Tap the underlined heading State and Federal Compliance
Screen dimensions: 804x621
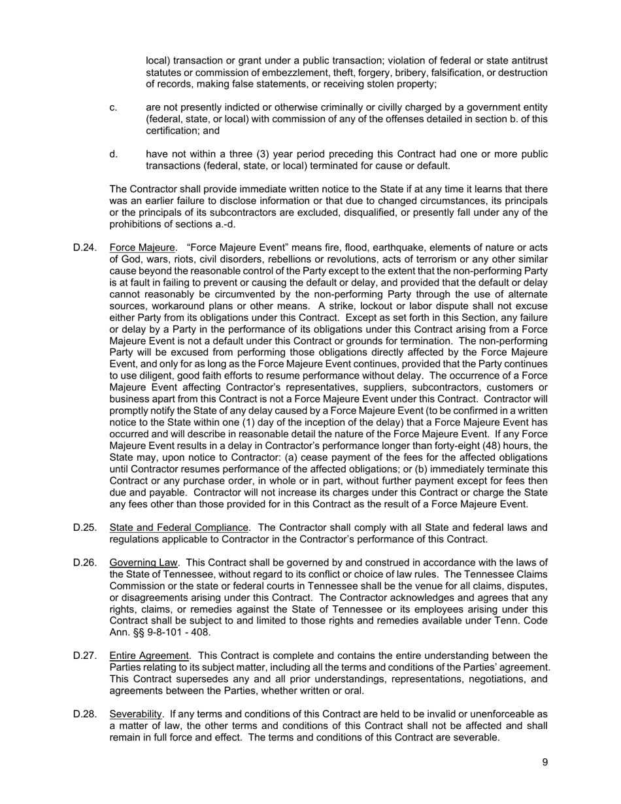(x=178, y=528)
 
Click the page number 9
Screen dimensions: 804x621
(x=545, y=762)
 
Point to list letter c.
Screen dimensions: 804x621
(x=114, y=107)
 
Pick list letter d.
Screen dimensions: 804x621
(x=114, y=154)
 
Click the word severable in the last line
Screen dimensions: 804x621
(x=477, y=737)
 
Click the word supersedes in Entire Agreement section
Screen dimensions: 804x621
(x=192, y=679)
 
